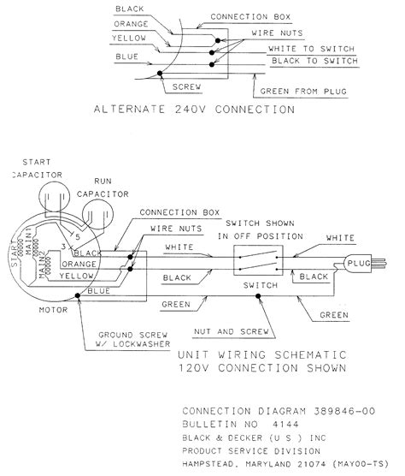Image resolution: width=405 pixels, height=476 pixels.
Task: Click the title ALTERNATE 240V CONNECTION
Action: pyautogui.click(x=197, y=110)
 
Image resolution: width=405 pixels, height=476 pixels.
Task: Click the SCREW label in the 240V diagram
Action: pyautogui.click(x=185, y=87)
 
